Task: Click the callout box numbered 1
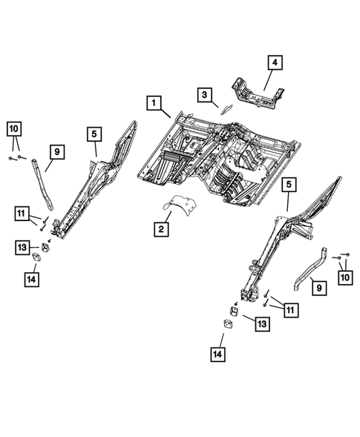point(154,103)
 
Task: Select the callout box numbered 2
point(160,229)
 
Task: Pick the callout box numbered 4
point(274,63)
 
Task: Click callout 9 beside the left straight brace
point(56,153)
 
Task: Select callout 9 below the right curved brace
point(317,286)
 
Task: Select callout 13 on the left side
point(22,246)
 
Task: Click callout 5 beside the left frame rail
point(94,134)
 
